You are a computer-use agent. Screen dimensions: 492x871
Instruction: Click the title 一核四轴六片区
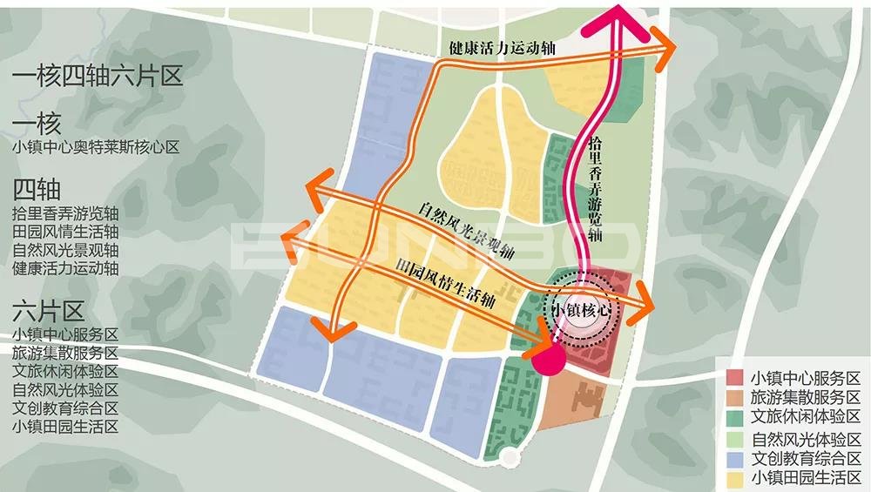coord(98,77)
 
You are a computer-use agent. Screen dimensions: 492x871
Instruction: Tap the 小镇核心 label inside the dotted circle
coord(581,310)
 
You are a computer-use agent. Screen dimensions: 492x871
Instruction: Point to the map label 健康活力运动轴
coord(503,47)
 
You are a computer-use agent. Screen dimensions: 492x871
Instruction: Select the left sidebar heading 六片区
coord(49,311)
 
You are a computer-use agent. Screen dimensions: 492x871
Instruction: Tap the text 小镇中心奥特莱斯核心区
coord(96,147)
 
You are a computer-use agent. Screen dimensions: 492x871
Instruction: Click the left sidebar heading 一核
coord(37,123)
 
